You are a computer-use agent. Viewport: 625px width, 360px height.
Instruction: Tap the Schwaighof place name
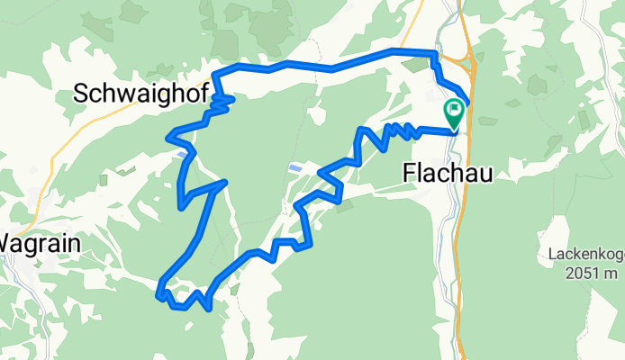pos(141,92)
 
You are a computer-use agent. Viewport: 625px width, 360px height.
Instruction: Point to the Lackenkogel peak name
pos(584,255)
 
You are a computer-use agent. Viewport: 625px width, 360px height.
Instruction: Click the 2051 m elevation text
pos(584,272)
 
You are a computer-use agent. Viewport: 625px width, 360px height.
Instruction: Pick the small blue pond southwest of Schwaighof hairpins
pos(184,154)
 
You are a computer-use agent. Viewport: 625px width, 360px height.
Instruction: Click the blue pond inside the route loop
pos(294,167)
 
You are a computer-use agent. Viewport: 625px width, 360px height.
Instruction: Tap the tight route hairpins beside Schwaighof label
pos(221,103)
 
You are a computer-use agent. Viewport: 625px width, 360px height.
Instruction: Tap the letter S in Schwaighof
pos(79,92)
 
